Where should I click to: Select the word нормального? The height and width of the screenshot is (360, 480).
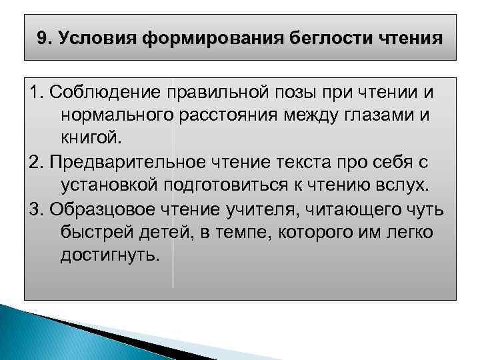pyautogui.click(x=117, y=115)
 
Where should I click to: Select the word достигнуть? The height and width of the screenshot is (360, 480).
pyautogui.click(x=110, y=256)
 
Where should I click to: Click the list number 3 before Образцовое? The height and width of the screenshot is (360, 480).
pyautogui.click(x=35, y=209)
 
